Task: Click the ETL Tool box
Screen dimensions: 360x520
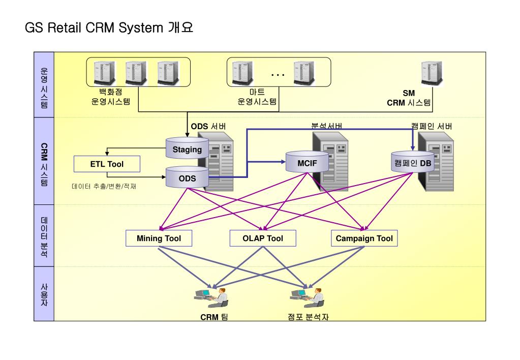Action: coord(107,164)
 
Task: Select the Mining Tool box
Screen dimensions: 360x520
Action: coord(159,238)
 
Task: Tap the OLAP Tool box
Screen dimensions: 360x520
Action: coord(263,238)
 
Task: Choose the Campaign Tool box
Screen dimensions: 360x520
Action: coord(364,238)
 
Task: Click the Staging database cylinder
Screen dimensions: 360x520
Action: coord(187,148)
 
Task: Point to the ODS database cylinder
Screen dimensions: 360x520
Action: coord(187,178)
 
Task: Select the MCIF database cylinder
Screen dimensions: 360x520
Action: coord(307,163)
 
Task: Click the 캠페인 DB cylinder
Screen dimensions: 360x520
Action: coord(412,162)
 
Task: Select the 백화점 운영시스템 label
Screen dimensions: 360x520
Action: coord(111,97)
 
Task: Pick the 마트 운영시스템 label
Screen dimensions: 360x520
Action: coord(257,97)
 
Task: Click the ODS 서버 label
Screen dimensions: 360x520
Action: coord(208,126)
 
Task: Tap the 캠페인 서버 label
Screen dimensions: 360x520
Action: coord(431,126)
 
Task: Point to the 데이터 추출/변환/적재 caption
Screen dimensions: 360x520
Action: coord(104,187)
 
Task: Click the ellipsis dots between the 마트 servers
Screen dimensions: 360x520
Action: coord(278,75)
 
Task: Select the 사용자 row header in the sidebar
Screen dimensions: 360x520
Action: coord(44,294)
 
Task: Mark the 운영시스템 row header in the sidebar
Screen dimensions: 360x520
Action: coord(44,85)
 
